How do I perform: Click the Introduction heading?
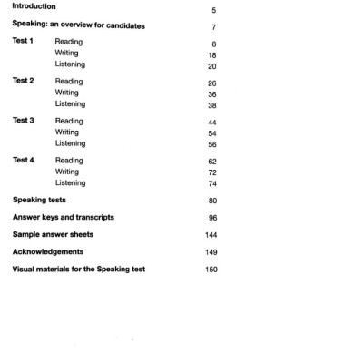(39, 8)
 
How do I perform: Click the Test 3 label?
(24, 120)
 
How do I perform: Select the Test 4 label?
(24, 160)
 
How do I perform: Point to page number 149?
(211, 251)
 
